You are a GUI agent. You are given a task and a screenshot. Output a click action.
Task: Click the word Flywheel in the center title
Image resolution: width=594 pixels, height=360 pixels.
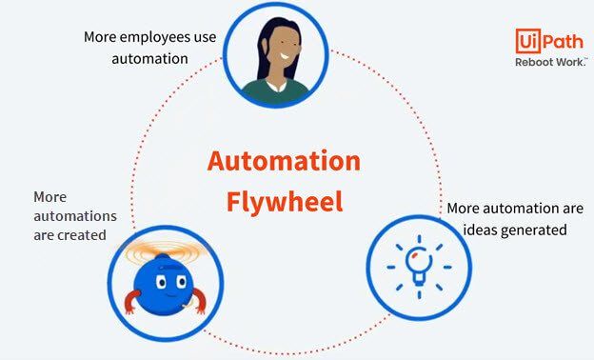pyautogui.click(x=285, y=202)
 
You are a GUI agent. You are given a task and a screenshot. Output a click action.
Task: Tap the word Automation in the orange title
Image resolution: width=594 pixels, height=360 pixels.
pyautogui.click(x=284, y=162)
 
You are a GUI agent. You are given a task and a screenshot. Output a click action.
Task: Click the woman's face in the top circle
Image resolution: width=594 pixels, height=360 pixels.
pyautogui.click(x=283, y=50)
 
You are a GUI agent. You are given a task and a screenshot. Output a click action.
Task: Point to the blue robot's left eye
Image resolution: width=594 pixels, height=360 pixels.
pyautogui.click(x=161, y=282)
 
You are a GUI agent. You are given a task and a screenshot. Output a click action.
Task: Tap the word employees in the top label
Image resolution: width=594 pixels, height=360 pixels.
pyautogui.click(x=155, y=37)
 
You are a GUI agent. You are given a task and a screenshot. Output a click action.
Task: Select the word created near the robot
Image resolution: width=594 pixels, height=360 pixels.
pyautogui.click(x=82, y=235)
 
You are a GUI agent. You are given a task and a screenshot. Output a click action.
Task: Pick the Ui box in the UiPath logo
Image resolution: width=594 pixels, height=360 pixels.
pyautogui.click(x=526, y=41)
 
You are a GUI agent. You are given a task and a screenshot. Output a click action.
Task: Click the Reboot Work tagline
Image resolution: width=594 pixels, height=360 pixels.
pyautogui.click(x=551, y=62)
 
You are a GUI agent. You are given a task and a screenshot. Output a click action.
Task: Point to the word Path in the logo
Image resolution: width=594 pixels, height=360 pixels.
pyautogui.click(x=562, y=41)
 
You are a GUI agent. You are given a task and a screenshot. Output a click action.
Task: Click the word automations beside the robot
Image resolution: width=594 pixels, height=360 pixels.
pyautogui.click(x=75, y=216)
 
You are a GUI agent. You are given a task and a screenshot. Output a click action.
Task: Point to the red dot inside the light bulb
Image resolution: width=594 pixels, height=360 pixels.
pyautogui.click(x=415, y=254)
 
